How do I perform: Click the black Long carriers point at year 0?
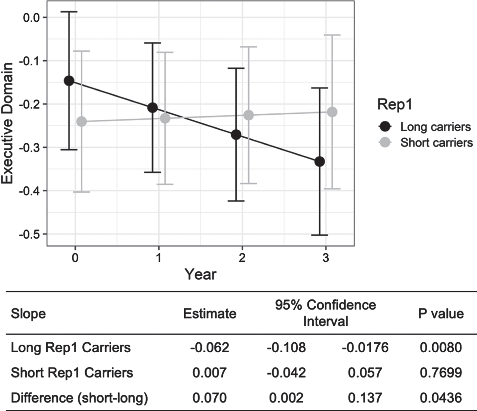coord(69,81)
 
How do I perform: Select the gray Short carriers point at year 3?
coord(332,112)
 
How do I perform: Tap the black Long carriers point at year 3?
coord(320,162)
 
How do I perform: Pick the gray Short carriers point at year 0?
coord(81,121)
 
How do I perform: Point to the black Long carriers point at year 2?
coord(236,135)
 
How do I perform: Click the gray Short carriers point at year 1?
coord(165,118)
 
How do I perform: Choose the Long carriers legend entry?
coord(425,127)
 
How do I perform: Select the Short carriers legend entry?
coord(426,143)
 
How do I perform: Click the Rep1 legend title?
coord(395,105)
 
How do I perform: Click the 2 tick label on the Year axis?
coord(242,258)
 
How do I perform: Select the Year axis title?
coord(201,274)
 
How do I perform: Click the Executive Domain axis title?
coord(7,123)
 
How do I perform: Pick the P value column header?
coord(441,314)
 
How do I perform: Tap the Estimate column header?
coord(210,314)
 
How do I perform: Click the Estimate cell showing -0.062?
coord(210,347)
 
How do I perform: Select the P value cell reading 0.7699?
coord(441,373)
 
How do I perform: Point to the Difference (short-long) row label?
coord(79,398)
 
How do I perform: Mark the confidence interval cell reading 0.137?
coord(365,398)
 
